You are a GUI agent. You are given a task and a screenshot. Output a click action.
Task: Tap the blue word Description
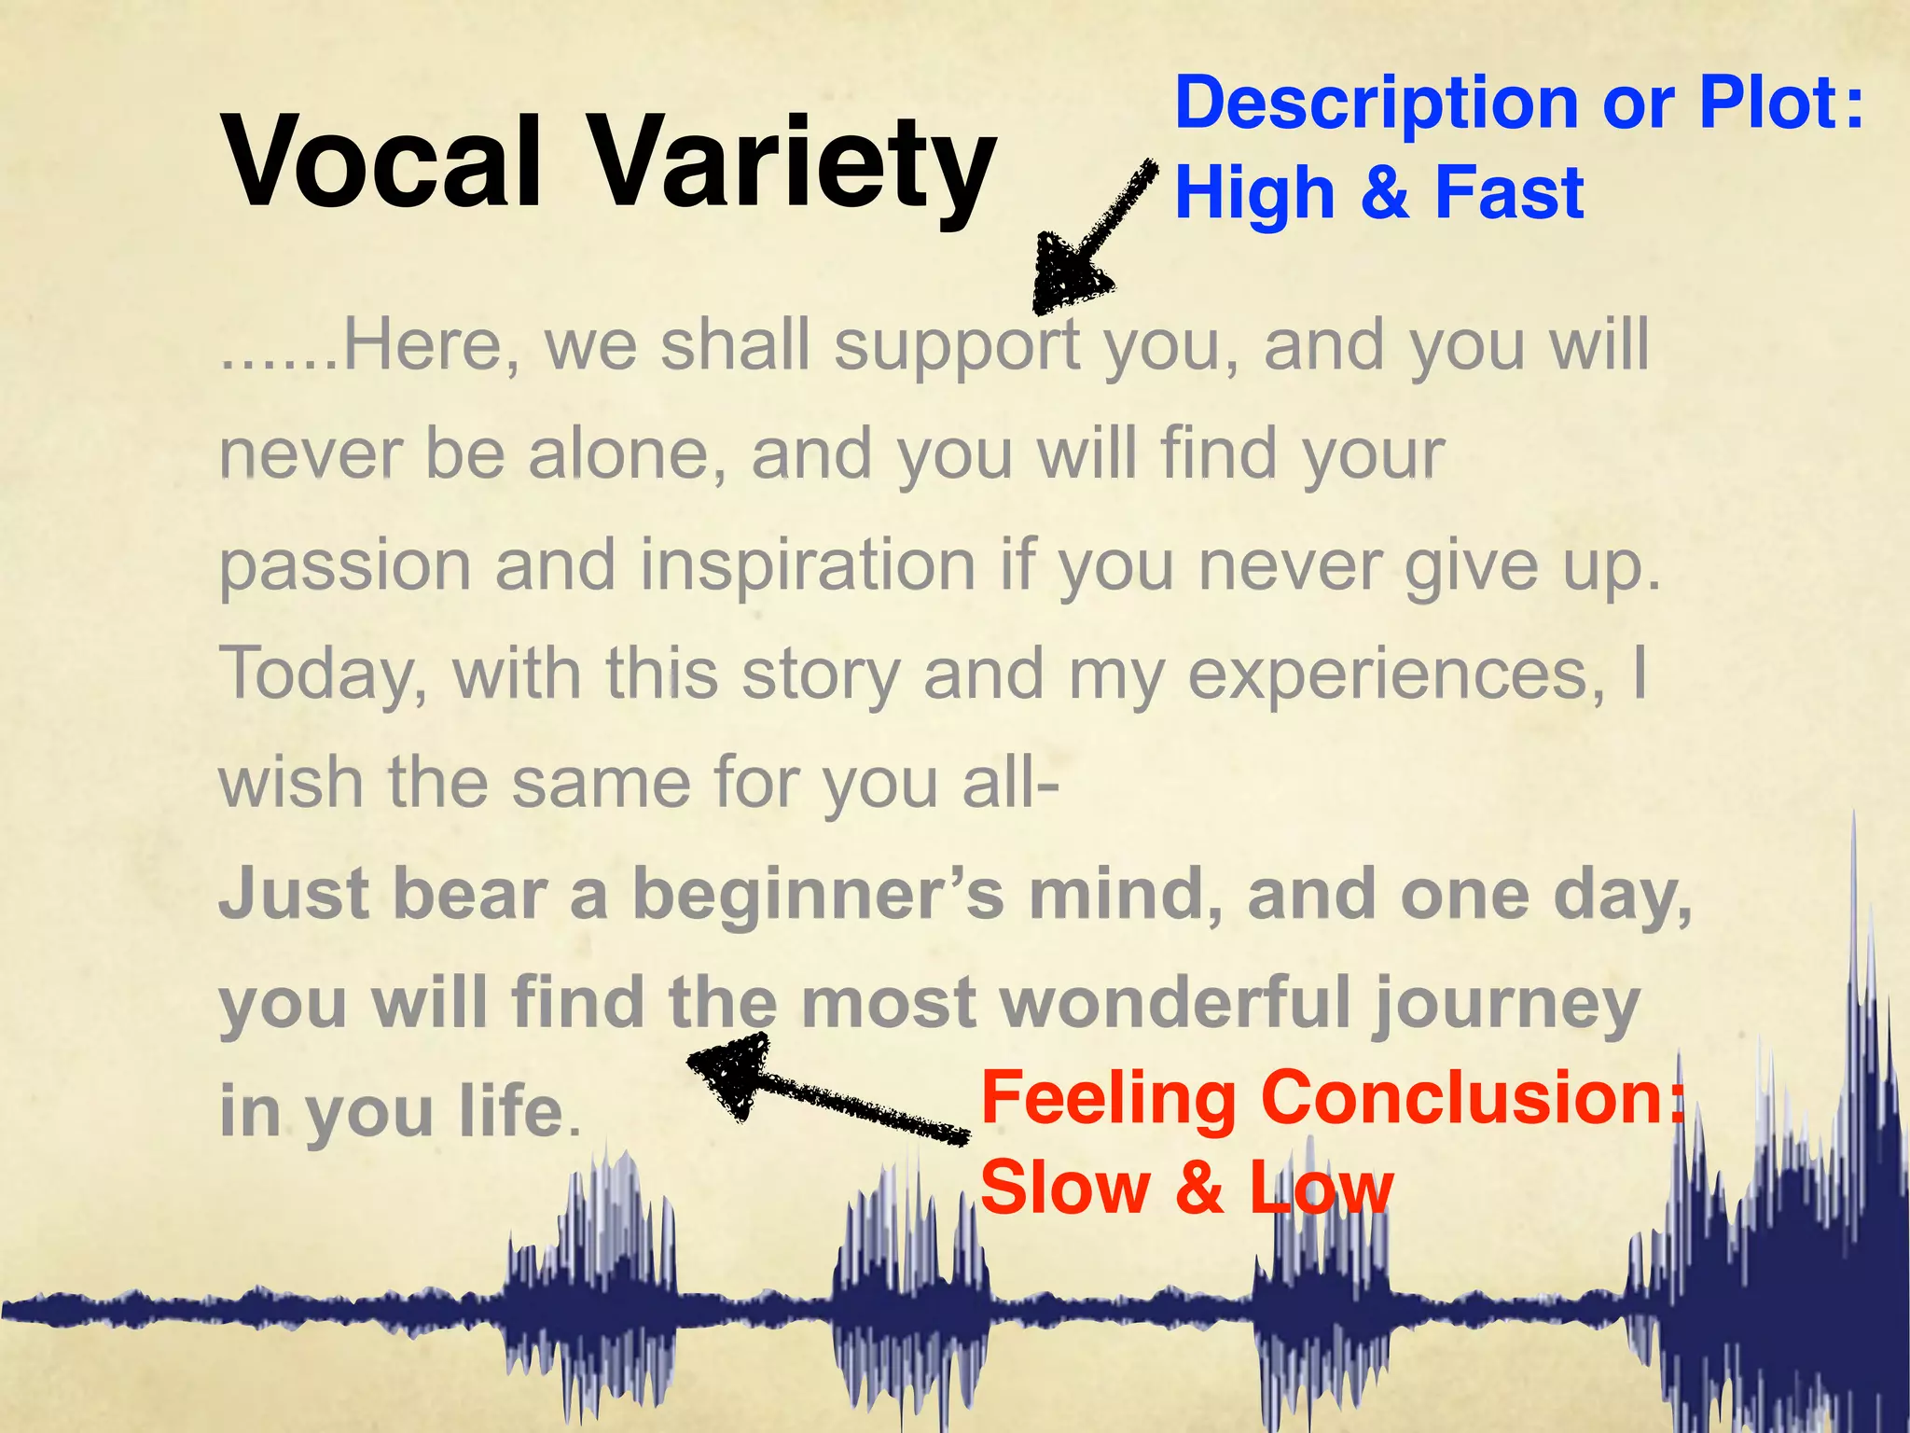(1376, 104)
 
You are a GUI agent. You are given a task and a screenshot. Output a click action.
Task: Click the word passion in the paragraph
(345, 567)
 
